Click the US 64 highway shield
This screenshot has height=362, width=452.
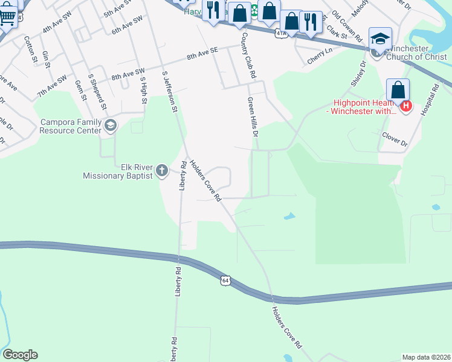[225, 281]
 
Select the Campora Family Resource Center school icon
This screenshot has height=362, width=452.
[110, 125]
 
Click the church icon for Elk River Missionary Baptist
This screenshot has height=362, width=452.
[161, 171]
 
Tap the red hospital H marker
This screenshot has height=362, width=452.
[407, 107]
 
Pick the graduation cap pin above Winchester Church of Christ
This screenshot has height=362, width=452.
[380, 39]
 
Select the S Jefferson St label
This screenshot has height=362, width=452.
[169, 92]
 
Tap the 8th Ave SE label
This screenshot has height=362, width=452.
[202, 56]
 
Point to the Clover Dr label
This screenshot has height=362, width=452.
[395, 139]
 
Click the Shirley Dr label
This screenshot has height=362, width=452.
[359, 73]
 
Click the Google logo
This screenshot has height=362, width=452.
[20, 355]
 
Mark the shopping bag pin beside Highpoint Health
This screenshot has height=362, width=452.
[398, 91]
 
